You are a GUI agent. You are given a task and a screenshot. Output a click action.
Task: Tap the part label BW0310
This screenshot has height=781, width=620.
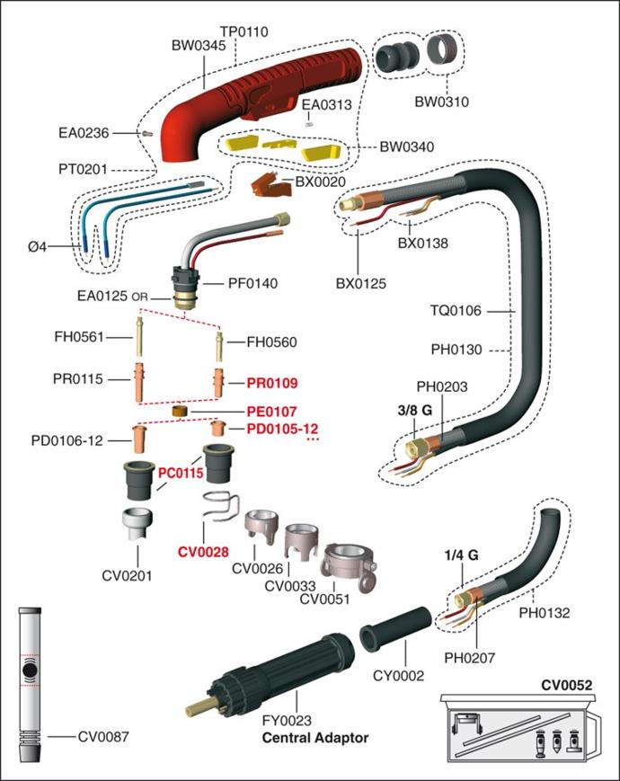[x=442, y=102]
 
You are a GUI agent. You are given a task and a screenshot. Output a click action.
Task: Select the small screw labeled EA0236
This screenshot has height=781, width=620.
[x=147, y=134]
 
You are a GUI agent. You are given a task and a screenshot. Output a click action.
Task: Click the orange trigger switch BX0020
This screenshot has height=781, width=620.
[x=269, y=185]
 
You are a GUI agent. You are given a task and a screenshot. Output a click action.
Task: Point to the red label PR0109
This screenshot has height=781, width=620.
[x=272, y=383]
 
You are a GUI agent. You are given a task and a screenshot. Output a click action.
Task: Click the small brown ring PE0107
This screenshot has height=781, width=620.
[x=180, y=412]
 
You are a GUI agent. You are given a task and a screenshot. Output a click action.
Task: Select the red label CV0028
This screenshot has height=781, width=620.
[x=203, y=552]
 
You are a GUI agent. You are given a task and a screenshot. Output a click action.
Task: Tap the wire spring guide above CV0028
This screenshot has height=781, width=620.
[x=221, y=506]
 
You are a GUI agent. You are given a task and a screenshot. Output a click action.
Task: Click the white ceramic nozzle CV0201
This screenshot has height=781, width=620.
[x=137, y=524]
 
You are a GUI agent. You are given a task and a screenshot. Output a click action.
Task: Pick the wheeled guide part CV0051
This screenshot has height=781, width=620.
[x=349, y=567]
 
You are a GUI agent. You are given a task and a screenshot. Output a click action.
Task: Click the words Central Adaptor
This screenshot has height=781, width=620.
[x=315, y=738]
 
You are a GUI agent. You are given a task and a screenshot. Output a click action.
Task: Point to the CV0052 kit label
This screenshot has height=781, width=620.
[x=567, y=686]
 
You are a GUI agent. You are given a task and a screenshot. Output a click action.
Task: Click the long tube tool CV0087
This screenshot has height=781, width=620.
[x=30, y=684]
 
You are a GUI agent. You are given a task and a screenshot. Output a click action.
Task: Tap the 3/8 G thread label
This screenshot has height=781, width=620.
[x=415, y=410]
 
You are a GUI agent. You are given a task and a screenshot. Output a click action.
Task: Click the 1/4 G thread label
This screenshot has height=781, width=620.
[x=461, y=555]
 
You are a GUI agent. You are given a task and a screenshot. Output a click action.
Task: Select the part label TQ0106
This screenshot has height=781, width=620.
[x=456, y=311]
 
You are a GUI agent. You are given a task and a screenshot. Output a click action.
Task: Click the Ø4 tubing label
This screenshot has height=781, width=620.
[x=38, y=246]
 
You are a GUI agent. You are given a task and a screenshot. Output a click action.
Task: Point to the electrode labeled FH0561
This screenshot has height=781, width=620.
[x=139, y=337]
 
